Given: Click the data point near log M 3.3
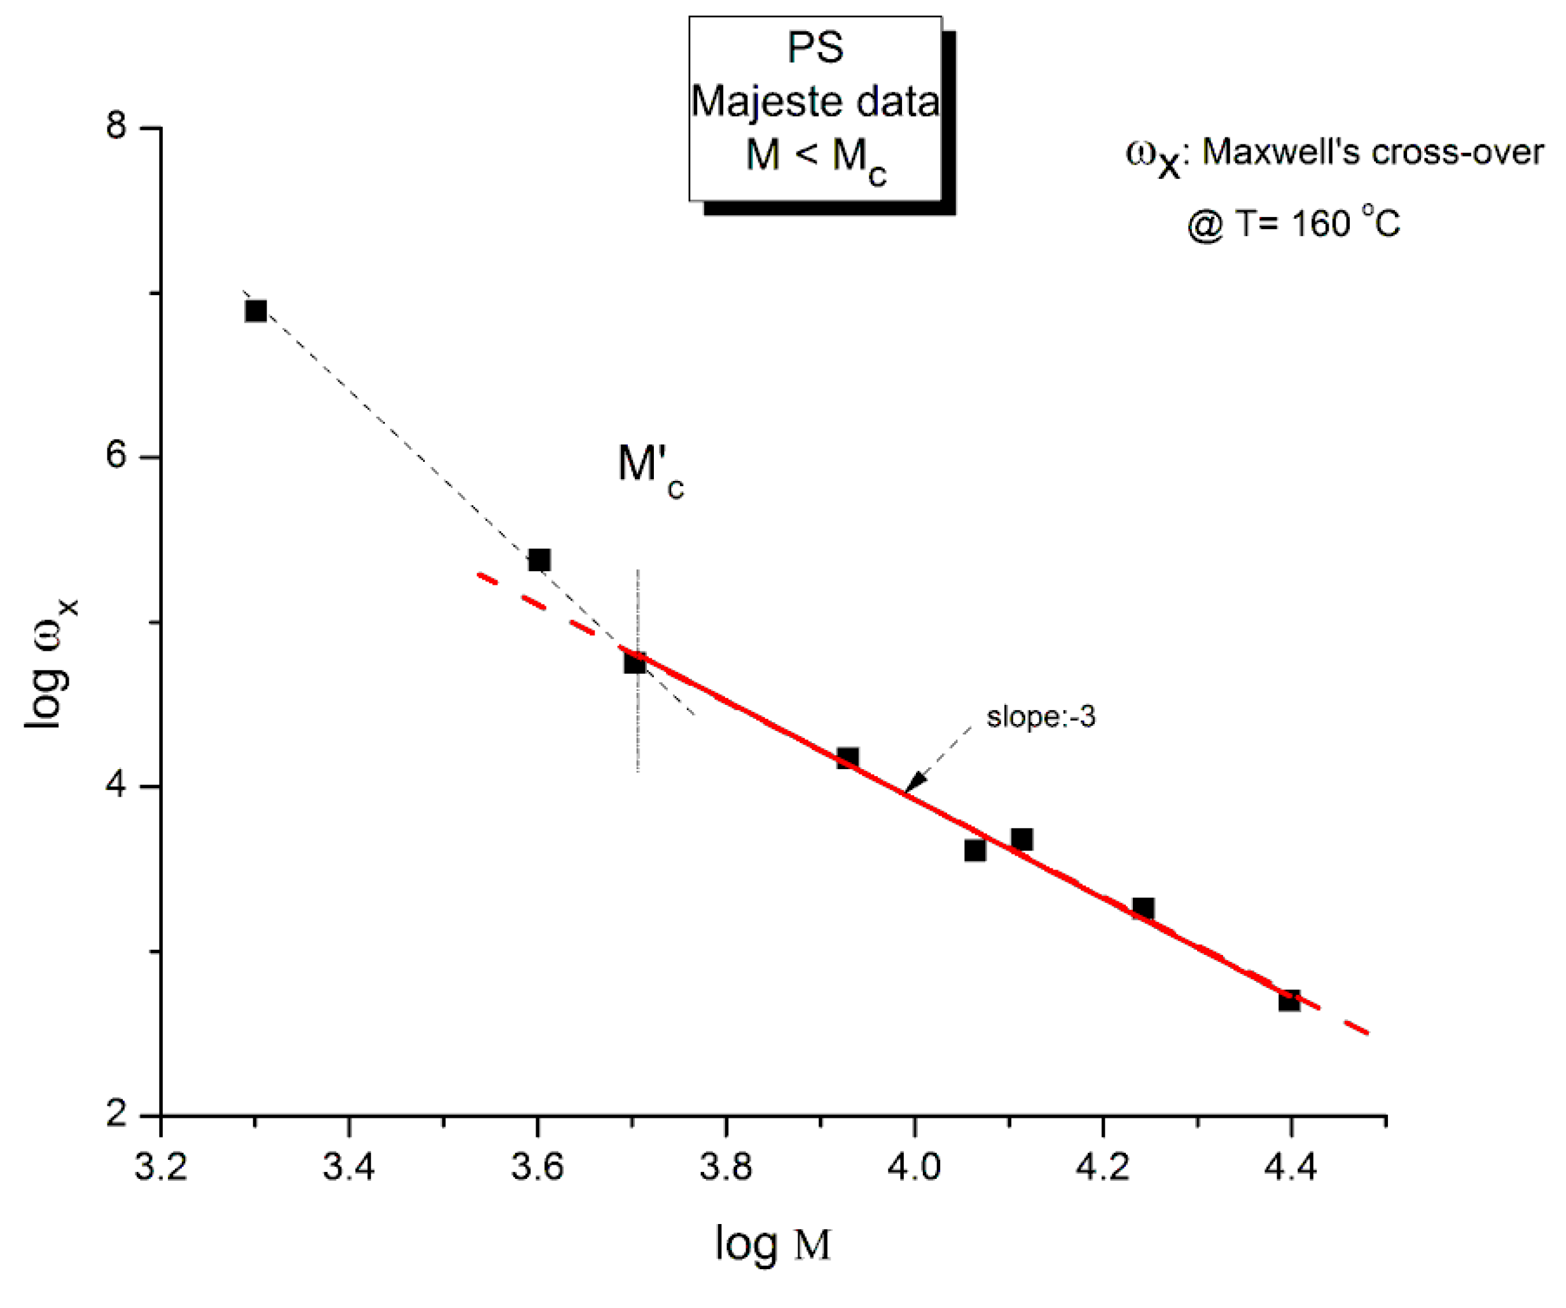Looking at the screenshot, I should coord(256,311).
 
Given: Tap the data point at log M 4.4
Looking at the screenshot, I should coord(1289,1000).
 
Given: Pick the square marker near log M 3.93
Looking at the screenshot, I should coord(847,758).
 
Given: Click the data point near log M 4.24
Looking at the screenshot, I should coord(1143,908).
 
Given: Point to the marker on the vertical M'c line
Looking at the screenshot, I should coord(635,662).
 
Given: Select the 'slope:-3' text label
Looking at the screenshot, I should coord(1041,718).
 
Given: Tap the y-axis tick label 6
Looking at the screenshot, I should coord(116,455).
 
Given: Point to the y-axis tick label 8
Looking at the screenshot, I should coord(116,126).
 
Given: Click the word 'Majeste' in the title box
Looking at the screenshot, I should coord(768,102).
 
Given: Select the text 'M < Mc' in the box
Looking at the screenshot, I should coord(816,157).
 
